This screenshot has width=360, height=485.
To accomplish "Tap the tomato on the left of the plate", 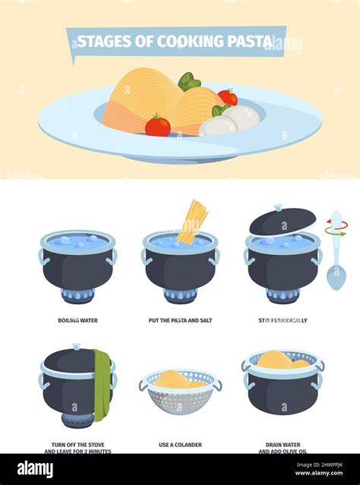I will click(x=158, y=125).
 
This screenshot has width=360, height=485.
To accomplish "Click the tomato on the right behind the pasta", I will click(x=228, y=97).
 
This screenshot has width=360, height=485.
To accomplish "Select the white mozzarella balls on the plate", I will click(x=232, y=120).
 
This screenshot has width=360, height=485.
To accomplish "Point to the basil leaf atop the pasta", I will click(x=188, y=80).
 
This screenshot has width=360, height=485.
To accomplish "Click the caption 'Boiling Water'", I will click(x=78, y=320).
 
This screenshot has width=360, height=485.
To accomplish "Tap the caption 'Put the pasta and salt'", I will click(x=180, y=320).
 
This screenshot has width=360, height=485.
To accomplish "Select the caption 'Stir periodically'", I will click(x=283, y=320).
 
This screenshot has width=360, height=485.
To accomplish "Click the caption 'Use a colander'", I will click(x=180, y=444).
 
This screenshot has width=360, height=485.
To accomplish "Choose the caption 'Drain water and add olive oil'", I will click(x=283, y=448).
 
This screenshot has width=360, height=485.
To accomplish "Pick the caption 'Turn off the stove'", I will click(x=78, y=444).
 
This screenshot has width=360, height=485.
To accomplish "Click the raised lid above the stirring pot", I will click(x=283, y=221).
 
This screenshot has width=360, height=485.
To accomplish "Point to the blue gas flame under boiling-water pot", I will click(x=78, y=296).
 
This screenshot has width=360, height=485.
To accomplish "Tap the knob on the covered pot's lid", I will click(x=75, y=347).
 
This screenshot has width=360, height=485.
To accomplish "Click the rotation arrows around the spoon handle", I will click(x=336, y=228).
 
